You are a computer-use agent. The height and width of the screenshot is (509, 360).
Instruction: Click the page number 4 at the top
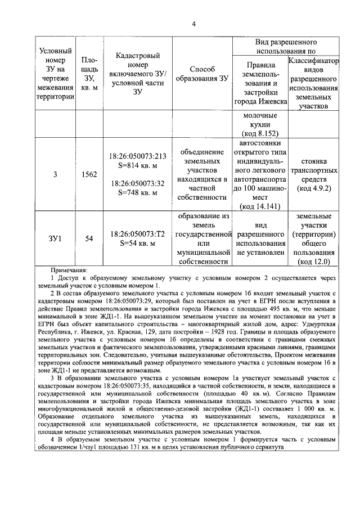coord(193,24)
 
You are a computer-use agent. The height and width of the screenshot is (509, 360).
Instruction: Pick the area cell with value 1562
coord(89,174)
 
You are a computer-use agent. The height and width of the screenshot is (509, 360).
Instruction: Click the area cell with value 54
coord(89,238)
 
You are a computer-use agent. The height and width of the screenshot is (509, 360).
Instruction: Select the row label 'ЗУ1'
coord(55,238)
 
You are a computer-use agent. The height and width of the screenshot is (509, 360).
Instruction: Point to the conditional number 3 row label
coord(55,174)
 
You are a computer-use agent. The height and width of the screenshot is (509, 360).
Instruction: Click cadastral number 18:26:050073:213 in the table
coord(138,156)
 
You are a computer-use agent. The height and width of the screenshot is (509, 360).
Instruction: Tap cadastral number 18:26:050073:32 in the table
coord(138,183)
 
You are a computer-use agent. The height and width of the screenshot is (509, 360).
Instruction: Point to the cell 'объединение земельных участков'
coord(201,161)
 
